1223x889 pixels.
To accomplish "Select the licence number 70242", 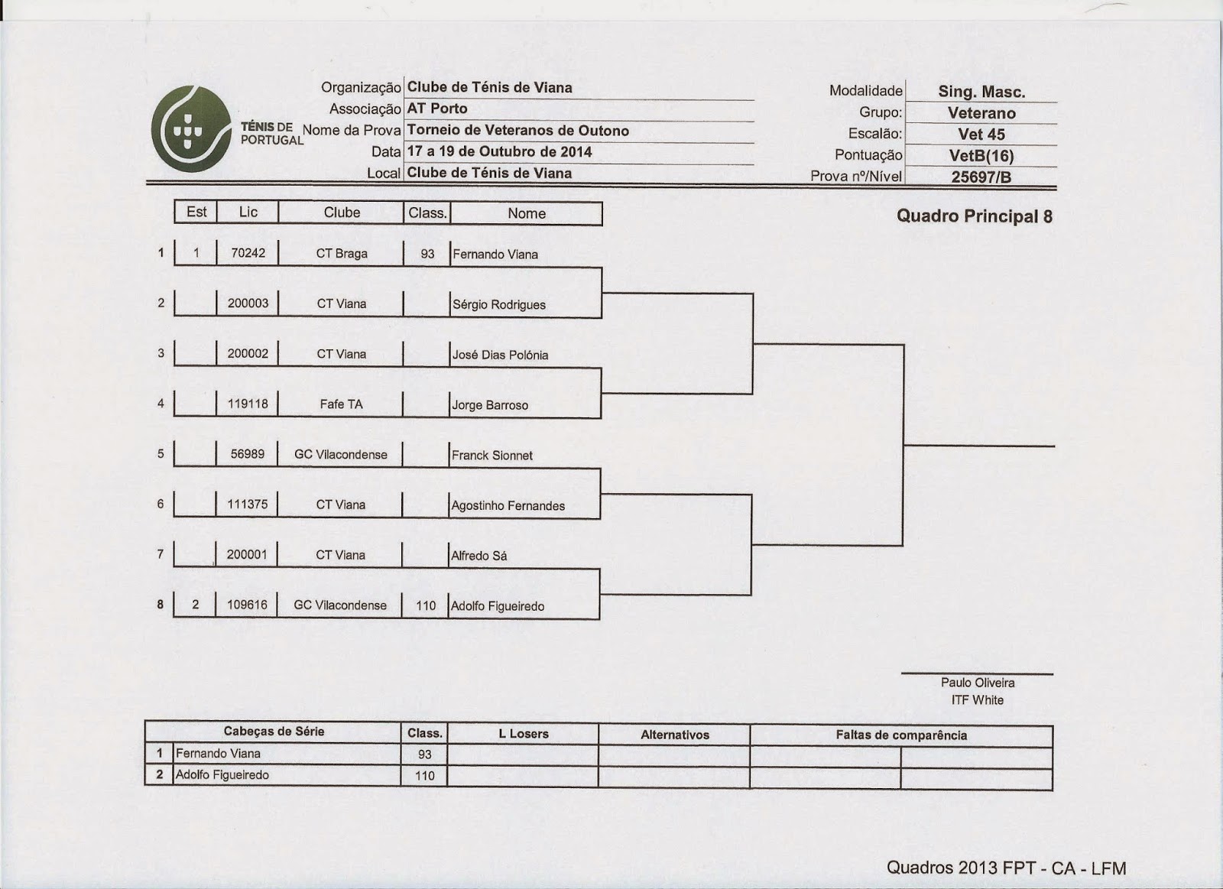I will [248, 253].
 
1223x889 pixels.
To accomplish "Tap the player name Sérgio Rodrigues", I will [498, 305].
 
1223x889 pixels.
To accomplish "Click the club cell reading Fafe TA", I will [341, 404].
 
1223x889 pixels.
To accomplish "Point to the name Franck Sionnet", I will [491, 456].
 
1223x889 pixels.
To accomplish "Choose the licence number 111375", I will [248, 505].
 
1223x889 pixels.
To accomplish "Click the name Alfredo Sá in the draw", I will [478, 556].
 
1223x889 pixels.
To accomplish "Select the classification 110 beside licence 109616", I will [426, 606].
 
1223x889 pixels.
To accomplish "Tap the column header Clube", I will [342, 213].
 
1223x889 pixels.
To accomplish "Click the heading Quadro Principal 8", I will [974, 216].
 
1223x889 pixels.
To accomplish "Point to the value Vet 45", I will [981, 135].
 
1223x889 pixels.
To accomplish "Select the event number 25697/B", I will [981, 177].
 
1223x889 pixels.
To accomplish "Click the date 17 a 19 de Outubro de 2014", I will [499, 151].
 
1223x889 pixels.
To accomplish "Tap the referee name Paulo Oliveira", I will [978, 683].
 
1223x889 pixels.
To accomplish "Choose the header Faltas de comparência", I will [901, 735].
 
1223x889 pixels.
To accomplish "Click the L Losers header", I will [524, 734].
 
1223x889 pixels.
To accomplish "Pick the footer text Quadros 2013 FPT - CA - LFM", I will [1006, 868].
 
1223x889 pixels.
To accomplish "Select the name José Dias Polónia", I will [500, 355].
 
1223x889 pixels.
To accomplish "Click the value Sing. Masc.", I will [981, 92].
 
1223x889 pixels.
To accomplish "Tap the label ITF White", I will [978, 700].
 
